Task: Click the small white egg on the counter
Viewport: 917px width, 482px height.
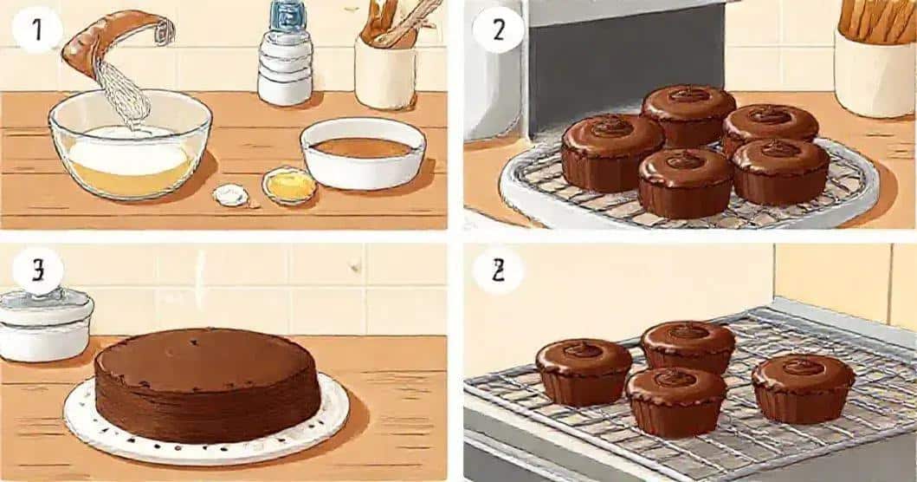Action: point(230,195)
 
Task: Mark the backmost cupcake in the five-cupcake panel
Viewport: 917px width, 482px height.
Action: point(688,113)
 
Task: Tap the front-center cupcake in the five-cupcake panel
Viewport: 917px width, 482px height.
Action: point(685,182)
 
